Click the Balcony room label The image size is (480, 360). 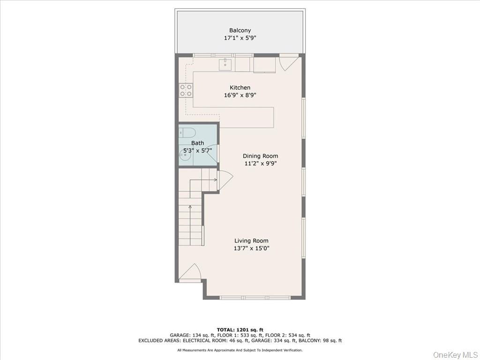[240, 30]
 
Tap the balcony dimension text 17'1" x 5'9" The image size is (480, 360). [240, 38]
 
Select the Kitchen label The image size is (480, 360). [240, 88]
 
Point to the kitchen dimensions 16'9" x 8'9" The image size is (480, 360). [240, 95]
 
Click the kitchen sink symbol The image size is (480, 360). [225, 63]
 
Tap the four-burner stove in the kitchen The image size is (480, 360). [186, 90]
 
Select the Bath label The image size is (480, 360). [197, 143]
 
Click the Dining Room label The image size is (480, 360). [260, 156]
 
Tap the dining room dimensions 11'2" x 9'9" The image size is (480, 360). [260, 164]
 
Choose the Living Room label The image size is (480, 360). [251, 241]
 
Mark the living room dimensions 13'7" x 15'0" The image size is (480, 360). [251, 248]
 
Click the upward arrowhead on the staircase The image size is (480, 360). [190, 206]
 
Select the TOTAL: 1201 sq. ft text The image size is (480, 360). [240, 330]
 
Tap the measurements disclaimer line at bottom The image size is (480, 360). [240, 350]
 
